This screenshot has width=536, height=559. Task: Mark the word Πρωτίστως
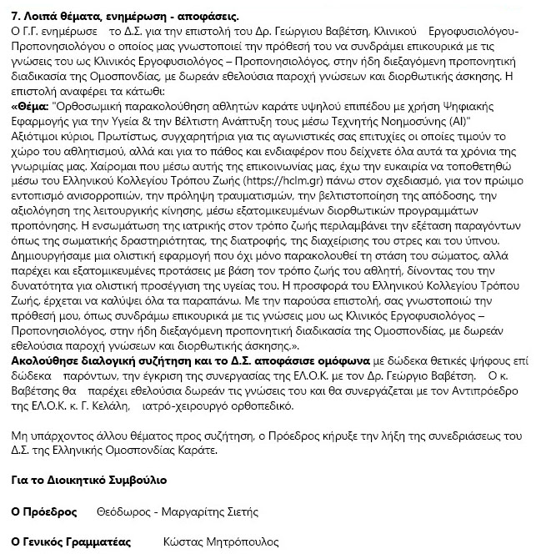click(x=133, y=137)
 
